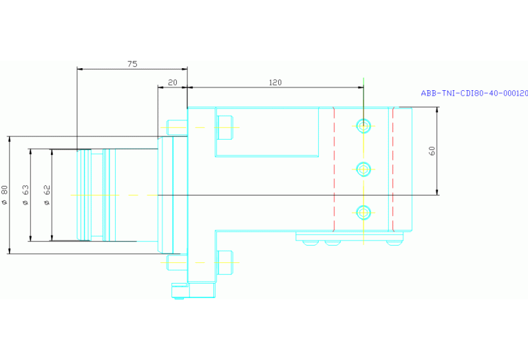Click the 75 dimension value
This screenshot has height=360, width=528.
[x=132, y=63]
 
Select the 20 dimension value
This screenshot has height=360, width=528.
[x=172, y=83]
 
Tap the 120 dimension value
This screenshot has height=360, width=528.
[x=275, y=83]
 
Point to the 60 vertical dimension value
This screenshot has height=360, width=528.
[x=432, y=151]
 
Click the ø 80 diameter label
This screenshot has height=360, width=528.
[x=4, y=195]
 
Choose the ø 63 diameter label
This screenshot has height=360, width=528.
[x=25, y=195]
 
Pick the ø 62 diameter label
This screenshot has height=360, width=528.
[x=47, y=195]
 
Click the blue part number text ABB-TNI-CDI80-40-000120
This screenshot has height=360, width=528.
[x=474, y=94]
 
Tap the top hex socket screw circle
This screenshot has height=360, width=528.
[x=363, y=126]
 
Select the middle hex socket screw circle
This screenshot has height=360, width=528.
[x=363, y=169]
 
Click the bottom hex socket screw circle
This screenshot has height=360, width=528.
[x=363, y=213]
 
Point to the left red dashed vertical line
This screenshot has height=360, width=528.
[x=334, y=169]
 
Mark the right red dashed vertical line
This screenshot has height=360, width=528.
[x=393, y=169]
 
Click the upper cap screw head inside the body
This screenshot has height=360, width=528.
[x=225, y=127]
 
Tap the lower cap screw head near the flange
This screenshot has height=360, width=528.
[x=225, y=262]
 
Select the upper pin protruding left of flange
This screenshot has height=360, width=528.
[x=177, y=127]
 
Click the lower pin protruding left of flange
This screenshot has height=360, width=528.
[x=177, y=262]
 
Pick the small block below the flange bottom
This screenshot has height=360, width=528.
[x=193, y=290]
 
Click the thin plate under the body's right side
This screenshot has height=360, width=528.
[x=349, y=236]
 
